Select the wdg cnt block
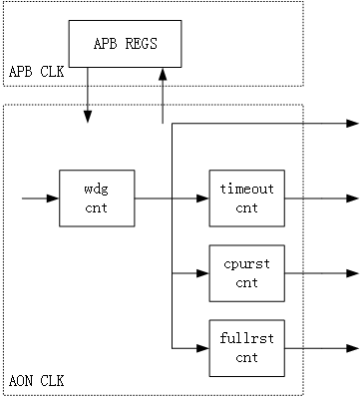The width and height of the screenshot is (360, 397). tap(98, 198)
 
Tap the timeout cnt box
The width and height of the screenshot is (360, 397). tap(246, 198)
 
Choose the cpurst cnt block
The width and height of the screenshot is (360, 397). tap(246, 272)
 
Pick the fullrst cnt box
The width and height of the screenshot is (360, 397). tap(246, 346)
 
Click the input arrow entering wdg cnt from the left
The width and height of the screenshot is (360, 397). tap(40, 198)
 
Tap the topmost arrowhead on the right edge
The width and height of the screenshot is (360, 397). tap(352, 124)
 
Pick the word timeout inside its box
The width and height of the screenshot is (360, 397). tap(246, 190)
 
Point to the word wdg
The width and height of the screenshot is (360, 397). tap(98, 190)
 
